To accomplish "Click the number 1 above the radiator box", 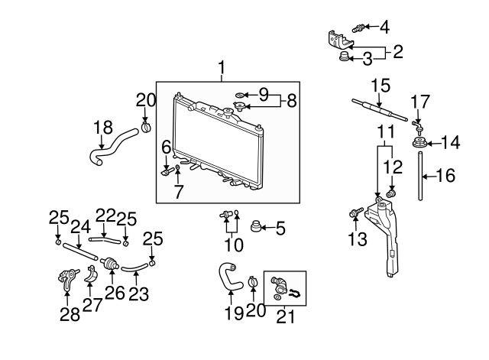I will (222, 69).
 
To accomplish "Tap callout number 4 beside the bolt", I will (384, 28).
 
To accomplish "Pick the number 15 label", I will (381, 84).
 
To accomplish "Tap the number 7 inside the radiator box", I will (178, 192).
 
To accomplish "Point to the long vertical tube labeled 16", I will (419, 176).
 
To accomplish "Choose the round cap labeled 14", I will (419, 143).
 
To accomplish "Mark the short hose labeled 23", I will (134, 268).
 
